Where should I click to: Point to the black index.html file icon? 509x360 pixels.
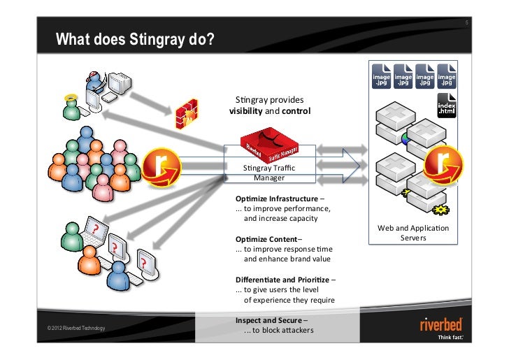point(446,106)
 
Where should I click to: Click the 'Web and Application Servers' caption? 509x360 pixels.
point(413,233)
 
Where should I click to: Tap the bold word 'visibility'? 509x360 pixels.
point(245,111)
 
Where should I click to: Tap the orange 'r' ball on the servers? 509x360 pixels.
point(445,163)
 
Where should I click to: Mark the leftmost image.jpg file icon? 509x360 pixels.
point(381,77)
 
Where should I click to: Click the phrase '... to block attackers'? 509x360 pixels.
point(278,331)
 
